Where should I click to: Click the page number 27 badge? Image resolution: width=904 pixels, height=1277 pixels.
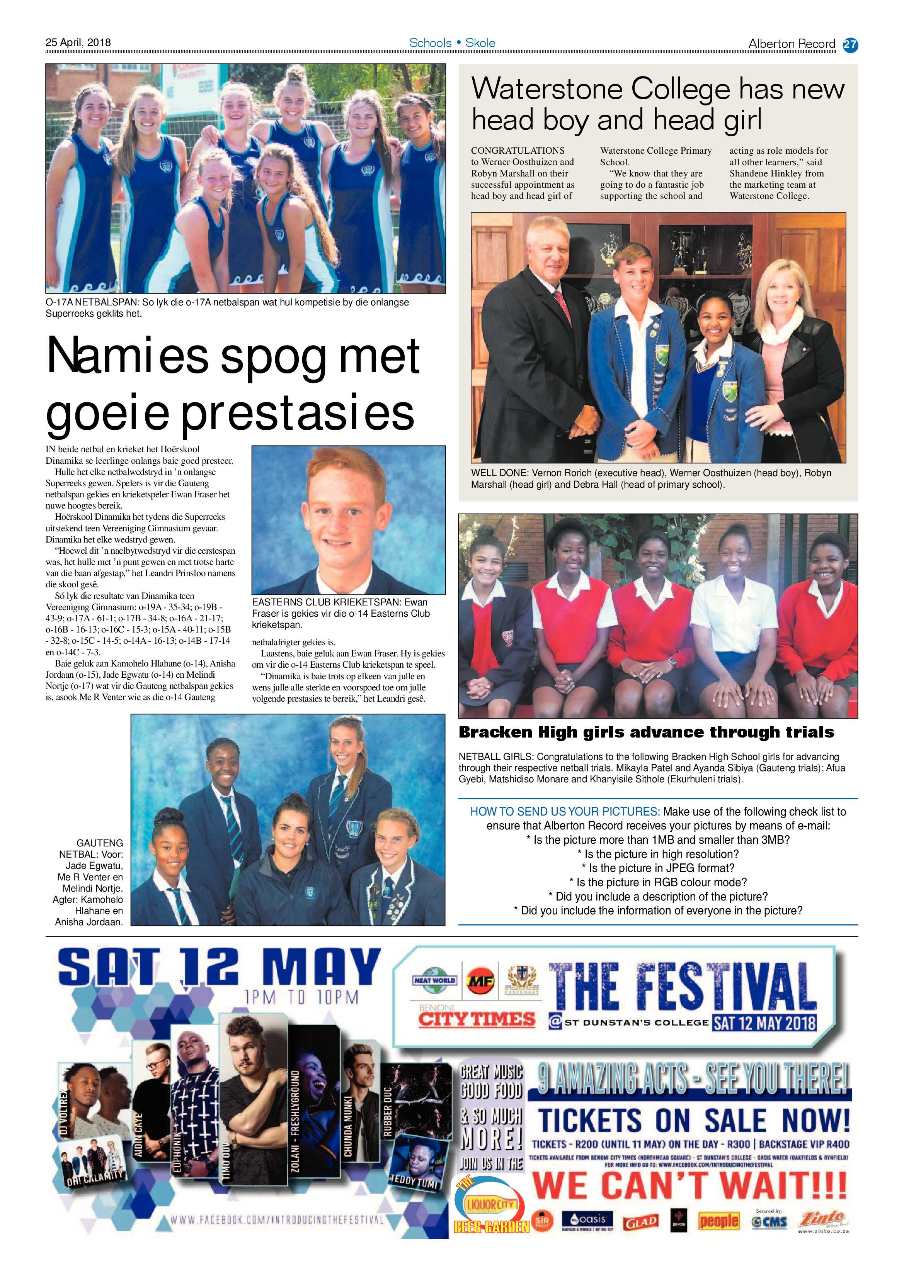pos(850,44)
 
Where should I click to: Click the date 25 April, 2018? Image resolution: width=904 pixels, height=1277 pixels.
pos(78,42)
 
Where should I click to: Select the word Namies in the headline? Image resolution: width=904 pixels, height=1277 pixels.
pos(127,356)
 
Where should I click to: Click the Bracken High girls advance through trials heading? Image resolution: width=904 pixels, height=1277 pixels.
pos(646,732)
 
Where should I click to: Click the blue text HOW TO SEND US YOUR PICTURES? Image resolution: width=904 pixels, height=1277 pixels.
pos(565,811)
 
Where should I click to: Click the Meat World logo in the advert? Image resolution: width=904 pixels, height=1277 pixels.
pos(434,980)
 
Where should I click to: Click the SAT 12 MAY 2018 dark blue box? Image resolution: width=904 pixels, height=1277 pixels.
pos(764,1022)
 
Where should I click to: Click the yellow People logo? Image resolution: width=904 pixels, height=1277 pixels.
pos(718,1221)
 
